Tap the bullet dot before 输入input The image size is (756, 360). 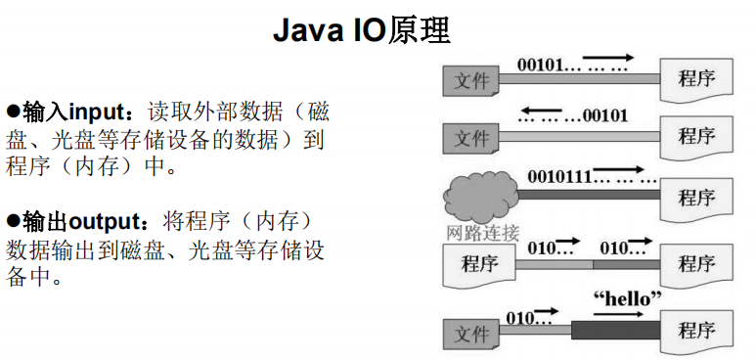pos(14,110)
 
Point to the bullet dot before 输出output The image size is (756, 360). pos(14,220)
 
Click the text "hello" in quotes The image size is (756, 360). pos(628,296)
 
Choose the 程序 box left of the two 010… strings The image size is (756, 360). pos(480,264)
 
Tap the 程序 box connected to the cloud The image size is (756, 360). pos(697,196)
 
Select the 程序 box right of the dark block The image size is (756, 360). pos(697,328)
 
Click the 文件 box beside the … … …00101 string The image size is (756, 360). pos(472,138)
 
